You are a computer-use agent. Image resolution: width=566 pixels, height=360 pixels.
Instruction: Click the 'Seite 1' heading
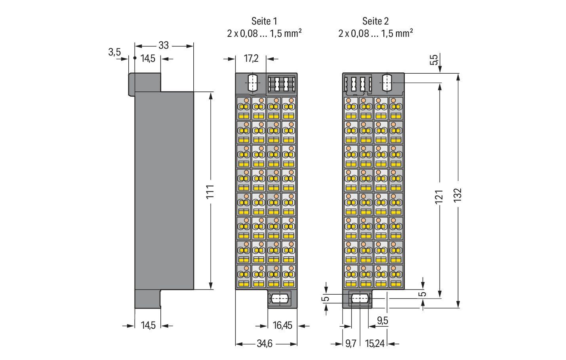click(264, 21)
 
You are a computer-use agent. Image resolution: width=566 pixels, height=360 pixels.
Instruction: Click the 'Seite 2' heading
click(375, 21)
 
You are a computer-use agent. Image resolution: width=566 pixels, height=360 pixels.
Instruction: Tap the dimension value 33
click(164, 46)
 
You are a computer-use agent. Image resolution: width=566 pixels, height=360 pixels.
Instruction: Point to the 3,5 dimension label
click(114, 52)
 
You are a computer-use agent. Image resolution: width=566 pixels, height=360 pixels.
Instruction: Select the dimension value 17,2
click(251, 59)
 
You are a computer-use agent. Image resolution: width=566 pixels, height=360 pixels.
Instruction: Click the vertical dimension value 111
click(211, 191)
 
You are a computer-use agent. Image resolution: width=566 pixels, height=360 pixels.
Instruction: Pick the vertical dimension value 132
click(458, 195)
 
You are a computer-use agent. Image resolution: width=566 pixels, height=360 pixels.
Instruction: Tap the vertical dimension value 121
click(439, 197)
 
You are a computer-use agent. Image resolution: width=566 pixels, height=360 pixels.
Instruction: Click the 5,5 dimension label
click(434, 60)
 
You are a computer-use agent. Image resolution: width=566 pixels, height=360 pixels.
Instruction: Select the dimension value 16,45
click(282, 326)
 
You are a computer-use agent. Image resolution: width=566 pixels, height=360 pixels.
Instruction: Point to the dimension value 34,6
click(265, 344)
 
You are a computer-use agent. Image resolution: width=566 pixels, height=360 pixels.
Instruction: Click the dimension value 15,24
click(375, 344)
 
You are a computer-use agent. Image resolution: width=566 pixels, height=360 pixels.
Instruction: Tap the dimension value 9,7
click(351, 344)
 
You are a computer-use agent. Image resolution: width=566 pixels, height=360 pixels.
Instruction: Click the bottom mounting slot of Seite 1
click(280, 299)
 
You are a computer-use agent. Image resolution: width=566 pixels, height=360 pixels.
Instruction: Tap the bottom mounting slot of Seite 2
click(360, 299)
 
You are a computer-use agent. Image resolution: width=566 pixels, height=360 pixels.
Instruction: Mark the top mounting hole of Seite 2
click(387, 83)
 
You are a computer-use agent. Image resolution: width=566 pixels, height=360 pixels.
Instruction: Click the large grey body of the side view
click(164, 190)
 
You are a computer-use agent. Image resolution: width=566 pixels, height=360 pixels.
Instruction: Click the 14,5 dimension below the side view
click(148, 326)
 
